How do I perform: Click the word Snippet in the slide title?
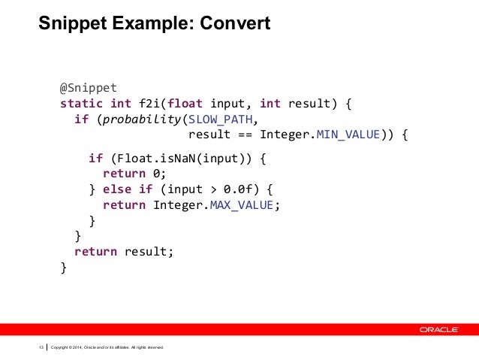71,24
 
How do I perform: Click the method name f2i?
146,102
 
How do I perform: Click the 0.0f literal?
239,189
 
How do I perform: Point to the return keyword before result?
95,251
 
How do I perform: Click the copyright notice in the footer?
106,347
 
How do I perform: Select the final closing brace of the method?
64,267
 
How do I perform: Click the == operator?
245,136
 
